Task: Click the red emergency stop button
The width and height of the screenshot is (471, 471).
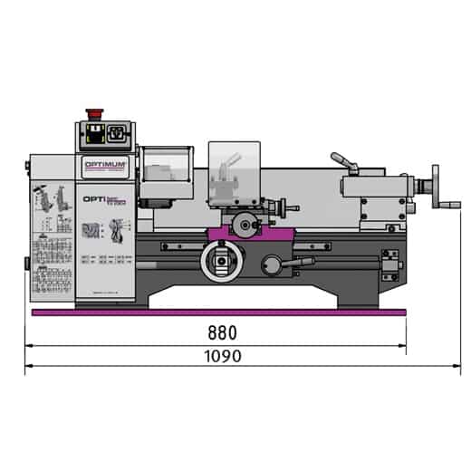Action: coord(91,114)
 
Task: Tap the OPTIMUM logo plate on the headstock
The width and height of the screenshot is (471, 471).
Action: coord(108,163)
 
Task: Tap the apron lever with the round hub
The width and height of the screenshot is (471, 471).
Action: coord(273,264)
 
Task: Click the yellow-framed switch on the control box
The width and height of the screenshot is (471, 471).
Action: coord(93,137)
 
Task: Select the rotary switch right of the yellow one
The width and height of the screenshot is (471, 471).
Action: coord(116,137)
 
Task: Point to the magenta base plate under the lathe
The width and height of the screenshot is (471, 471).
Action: coord(217,312)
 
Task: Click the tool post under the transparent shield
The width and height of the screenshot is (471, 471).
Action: coord(226,190)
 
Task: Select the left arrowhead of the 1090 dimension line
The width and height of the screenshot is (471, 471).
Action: coord(29,367)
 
